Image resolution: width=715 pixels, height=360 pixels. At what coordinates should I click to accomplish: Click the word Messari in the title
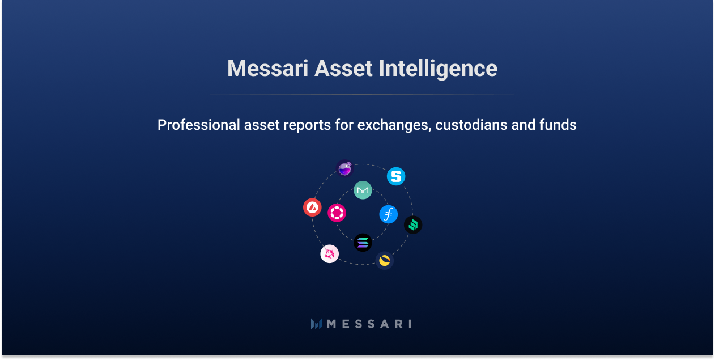[267, 69]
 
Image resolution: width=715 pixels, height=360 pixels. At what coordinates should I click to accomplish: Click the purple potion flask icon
[344, 168]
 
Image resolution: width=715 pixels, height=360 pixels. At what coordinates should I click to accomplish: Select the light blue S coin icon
[396, 176]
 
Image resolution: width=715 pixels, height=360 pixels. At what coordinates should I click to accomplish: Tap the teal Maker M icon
[363, 190]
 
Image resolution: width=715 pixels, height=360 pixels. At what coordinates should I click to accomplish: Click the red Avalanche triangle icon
[312, 207]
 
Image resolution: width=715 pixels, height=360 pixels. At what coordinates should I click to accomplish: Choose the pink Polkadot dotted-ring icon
[337, 213]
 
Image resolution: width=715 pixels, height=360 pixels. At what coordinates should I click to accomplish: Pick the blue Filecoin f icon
[388, 214]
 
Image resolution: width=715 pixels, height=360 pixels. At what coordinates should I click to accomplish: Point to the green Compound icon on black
[413, 225]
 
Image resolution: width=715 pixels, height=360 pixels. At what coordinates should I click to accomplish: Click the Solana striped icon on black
[363, 243]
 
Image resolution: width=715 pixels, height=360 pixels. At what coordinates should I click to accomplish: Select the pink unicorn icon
[329, 253]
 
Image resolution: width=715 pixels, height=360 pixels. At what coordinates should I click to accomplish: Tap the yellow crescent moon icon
[385, 260]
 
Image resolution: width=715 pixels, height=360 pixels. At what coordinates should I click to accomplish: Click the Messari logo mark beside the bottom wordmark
[316, 324]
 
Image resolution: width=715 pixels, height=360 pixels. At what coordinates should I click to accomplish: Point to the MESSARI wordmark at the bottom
[369, 324]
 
